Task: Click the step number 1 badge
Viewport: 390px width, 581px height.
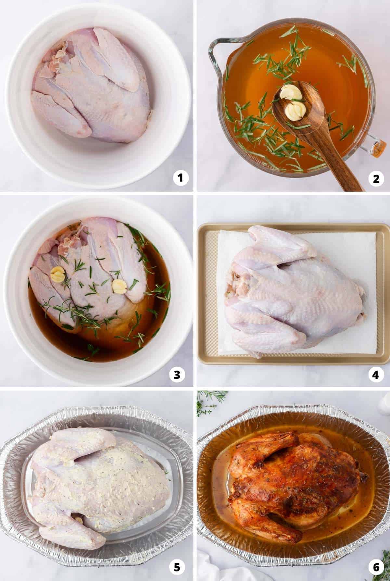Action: point(181,179)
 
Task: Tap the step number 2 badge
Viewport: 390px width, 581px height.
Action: point(376,179)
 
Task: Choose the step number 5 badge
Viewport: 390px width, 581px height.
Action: point(177,567)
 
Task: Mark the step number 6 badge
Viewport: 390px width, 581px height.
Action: point(376,567)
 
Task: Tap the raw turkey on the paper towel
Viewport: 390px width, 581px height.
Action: point(292,293)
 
